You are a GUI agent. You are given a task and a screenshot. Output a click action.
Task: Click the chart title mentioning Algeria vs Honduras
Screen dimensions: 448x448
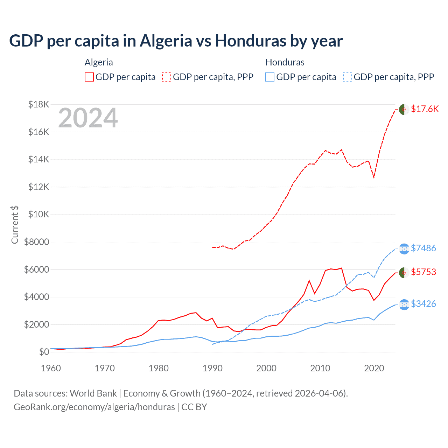(176, 41)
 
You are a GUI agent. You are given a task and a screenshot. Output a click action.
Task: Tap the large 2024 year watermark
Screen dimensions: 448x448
(88, 118)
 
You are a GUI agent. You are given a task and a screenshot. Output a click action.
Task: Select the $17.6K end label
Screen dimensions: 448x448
(425, 109)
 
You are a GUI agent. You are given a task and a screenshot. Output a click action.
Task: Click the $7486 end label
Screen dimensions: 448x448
(423, 248)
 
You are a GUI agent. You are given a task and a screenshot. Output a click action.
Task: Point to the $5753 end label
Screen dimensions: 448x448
(423, 272)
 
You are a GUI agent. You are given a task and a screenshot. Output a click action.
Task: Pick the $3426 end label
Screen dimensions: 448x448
(423, 304)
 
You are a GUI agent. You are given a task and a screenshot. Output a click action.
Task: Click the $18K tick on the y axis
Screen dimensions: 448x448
(38, 105)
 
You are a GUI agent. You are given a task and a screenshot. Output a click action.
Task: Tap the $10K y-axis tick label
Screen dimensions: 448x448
(38, 215)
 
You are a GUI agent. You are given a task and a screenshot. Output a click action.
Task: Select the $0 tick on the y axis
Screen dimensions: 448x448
(44, 352)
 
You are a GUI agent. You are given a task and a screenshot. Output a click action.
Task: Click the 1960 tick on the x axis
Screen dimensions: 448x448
(51, 368)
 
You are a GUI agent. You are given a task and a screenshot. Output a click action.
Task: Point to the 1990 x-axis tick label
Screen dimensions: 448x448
(212, 368)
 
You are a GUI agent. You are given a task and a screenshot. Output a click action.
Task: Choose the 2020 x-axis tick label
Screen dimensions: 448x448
(374, 368)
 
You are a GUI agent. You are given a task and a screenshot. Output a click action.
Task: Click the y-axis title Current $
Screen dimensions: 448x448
(15, 225)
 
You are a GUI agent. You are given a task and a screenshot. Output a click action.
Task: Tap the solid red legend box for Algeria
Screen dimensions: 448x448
(89, 77)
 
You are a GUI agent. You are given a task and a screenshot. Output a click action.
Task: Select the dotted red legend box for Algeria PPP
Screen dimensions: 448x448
(167, 77)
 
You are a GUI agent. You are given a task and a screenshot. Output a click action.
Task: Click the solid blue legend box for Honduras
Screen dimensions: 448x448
(270, 77)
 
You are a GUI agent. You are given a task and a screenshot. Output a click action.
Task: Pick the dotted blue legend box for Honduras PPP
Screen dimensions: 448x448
(348, 77)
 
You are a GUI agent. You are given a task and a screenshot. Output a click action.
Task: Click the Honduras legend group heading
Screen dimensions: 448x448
(285, 62)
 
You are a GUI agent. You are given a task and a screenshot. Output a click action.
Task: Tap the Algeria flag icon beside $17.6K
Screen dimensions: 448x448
(404, 109)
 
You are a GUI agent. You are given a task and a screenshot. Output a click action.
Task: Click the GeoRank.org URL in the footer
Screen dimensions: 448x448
(94, 407)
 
